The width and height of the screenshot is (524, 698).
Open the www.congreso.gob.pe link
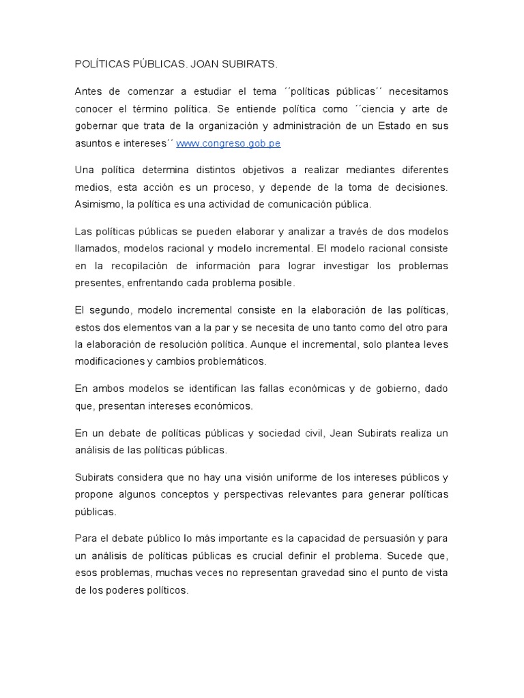click(229, 143)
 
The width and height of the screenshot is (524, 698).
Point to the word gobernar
click(96, 126)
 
